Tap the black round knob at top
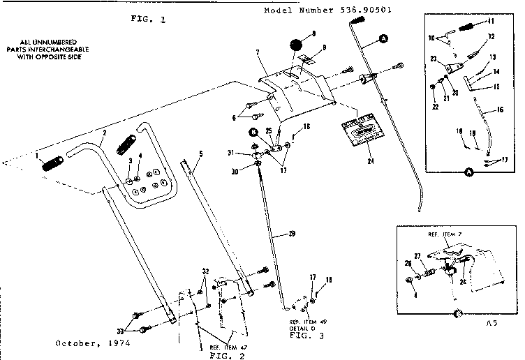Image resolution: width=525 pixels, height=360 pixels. coord(296,46)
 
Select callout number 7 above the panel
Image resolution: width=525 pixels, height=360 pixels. coord(258,52)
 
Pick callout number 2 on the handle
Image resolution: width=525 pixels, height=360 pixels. coord(103,132)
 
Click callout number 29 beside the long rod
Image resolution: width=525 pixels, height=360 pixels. coord(291,233)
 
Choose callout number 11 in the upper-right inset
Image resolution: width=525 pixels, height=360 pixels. coord(491,22)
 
